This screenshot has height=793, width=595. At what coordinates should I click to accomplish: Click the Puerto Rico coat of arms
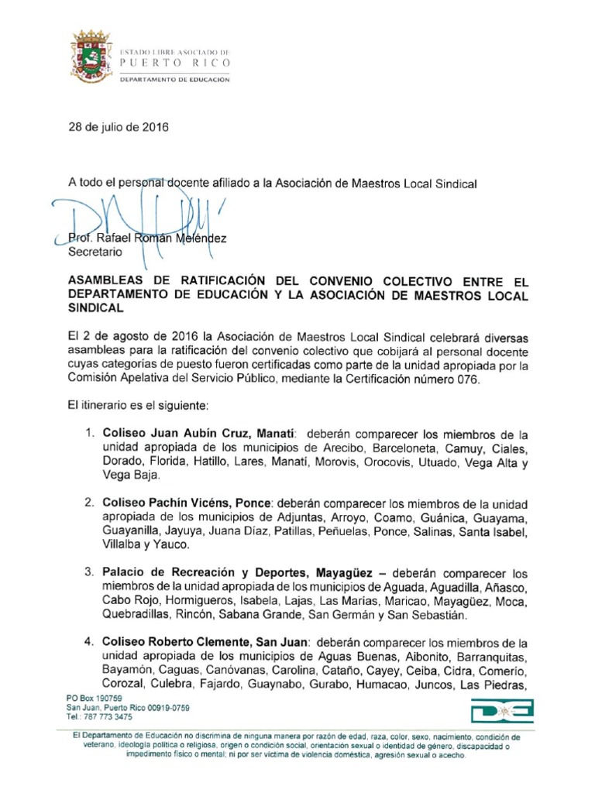[x=91, y=57]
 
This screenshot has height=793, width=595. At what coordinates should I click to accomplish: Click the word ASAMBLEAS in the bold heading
[x=108, y=280]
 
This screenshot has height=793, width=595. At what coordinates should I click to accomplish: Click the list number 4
[x=90, y=643]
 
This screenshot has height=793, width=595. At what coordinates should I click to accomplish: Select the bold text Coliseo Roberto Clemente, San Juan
[x=206, y=643]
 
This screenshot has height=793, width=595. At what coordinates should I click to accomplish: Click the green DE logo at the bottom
[x=501, y=712]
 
